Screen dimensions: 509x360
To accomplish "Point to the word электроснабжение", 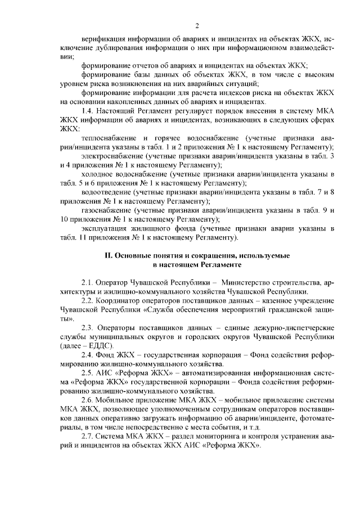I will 111,155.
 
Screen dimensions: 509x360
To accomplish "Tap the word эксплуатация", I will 105,229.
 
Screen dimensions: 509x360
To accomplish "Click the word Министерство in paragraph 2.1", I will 250,282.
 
